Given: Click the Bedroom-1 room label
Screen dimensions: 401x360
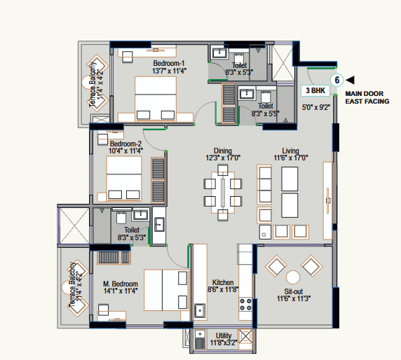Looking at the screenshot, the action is point(169,63).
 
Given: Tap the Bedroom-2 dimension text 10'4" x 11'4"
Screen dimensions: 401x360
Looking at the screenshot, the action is point(125,151).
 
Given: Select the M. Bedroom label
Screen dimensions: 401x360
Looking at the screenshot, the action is point(121,284).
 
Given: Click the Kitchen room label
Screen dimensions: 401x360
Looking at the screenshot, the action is point(223,282).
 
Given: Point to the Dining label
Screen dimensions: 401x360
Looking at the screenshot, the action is point(223,151).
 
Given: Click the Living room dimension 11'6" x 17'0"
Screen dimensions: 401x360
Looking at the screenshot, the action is point(290,158).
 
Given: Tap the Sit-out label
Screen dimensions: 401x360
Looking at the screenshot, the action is point(293,291).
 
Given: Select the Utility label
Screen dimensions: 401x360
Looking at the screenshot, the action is point(224,335).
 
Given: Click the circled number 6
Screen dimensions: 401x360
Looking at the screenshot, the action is point(337,81).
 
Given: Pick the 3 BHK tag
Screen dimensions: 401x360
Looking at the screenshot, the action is point(315,90).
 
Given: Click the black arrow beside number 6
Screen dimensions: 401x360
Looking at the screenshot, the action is point(350,80).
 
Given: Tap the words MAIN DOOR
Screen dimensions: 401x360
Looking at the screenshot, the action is point(364,94).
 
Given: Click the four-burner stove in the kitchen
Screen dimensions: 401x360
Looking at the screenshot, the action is point(245,305).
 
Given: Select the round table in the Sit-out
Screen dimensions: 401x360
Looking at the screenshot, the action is point(293,277).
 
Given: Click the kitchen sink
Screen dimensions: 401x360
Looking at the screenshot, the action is point(200,311).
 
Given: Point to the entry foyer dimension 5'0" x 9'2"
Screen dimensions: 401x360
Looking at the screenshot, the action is point(316,107).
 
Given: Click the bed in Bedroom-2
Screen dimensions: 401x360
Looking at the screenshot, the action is point(124,179).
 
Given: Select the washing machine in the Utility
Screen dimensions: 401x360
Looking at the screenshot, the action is point(245,336).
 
